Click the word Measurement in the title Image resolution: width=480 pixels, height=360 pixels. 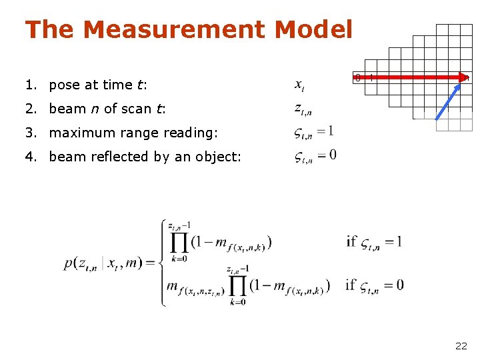coord(175,29)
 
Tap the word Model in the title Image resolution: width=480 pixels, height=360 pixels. coord(313,29)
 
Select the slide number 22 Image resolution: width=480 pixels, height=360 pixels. coord(461,345)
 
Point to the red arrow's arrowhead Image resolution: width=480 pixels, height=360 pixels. coord(465,78)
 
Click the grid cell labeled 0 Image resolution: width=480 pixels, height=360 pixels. coord(358,78)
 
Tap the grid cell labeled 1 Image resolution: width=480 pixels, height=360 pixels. coord(371,78)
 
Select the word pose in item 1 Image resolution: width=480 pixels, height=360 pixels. coord(65,85)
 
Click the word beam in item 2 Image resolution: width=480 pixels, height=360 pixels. coord(67,109)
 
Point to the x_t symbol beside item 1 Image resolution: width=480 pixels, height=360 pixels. coord(299,85)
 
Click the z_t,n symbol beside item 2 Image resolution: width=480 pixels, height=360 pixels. coord(303,109)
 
